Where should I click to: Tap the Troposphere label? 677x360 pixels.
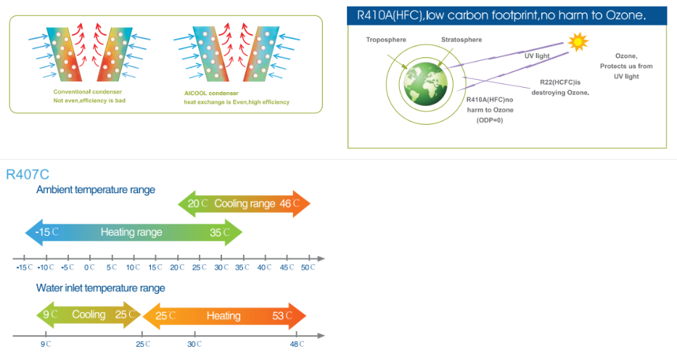(x=387, y=39)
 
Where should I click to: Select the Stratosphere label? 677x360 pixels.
(x=460, y=39)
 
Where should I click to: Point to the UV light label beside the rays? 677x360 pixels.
(x=537, y=55)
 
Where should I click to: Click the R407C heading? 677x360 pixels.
(x=27, y=174)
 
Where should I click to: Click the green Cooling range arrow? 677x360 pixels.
(x=245, y=204)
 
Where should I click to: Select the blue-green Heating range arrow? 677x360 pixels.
(x=133, y=232)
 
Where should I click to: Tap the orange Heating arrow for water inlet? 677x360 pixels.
(x=224, y=316)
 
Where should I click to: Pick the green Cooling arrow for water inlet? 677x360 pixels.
(x=89, y=315)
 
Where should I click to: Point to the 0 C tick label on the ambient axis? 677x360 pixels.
(x=89, y=268)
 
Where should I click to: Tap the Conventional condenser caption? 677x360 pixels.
(x=87, y=92)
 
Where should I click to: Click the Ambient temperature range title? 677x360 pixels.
(x=96, y=190)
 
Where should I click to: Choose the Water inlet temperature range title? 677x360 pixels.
(x=101, y=288)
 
